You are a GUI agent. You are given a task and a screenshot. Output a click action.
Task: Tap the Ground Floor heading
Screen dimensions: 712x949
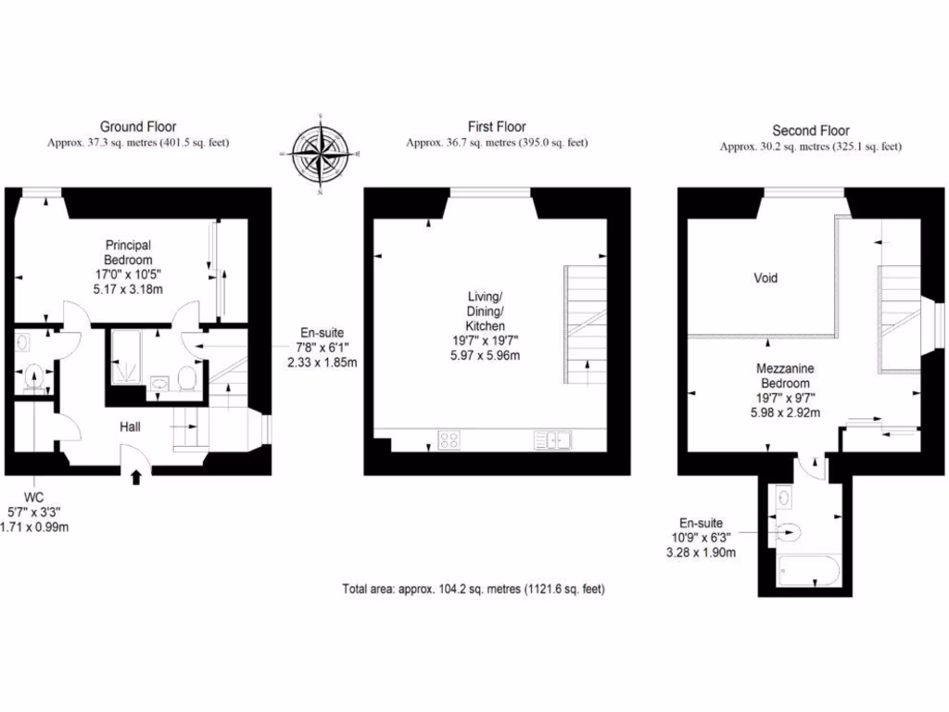138,127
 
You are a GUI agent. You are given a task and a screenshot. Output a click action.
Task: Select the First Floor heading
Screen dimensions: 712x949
497,127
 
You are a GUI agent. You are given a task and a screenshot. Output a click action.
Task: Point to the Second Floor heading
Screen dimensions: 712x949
811,131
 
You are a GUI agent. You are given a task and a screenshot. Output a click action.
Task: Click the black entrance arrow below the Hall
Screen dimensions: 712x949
137,477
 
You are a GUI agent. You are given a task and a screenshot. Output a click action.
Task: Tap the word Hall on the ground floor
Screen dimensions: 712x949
130,427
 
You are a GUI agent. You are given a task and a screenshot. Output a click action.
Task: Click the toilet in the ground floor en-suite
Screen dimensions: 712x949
185,378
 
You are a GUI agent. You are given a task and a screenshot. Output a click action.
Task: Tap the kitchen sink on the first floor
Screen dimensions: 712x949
554,441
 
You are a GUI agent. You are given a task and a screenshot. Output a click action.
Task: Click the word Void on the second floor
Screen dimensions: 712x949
766,278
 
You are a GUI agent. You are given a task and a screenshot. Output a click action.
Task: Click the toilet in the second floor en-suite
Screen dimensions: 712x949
789,531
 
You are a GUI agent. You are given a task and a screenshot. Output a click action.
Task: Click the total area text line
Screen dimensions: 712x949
474,589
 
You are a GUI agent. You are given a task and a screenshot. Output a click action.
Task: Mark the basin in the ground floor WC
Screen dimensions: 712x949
22,343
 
